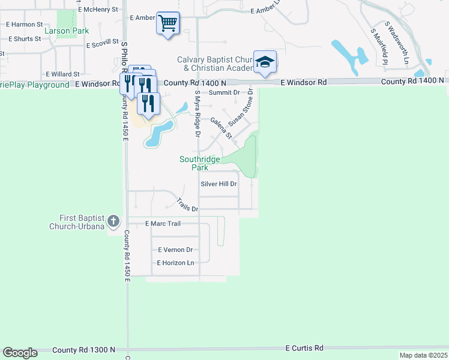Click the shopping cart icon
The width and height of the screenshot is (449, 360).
(168, 23)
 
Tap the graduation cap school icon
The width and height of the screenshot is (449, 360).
(265, 62)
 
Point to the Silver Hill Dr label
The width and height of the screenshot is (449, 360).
(219, 184)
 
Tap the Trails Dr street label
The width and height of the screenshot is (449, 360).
(187, 205)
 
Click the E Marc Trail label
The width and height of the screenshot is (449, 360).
(163, 223)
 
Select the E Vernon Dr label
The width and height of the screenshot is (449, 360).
(175, 250)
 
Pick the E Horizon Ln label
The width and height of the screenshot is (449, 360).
(176, 263)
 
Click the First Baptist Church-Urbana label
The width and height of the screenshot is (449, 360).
(82, 222)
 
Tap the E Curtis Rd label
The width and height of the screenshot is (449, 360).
(304, 348)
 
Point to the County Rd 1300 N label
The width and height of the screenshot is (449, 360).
(84, 350)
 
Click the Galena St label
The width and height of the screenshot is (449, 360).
(221, 128)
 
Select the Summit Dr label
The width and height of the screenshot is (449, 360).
(224, 92)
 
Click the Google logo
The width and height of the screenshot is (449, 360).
(20, 353)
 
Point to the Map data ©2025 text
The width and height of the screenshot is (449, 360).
(423, 355)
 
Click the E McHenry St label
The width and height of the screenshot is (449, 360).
(98, 10)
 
